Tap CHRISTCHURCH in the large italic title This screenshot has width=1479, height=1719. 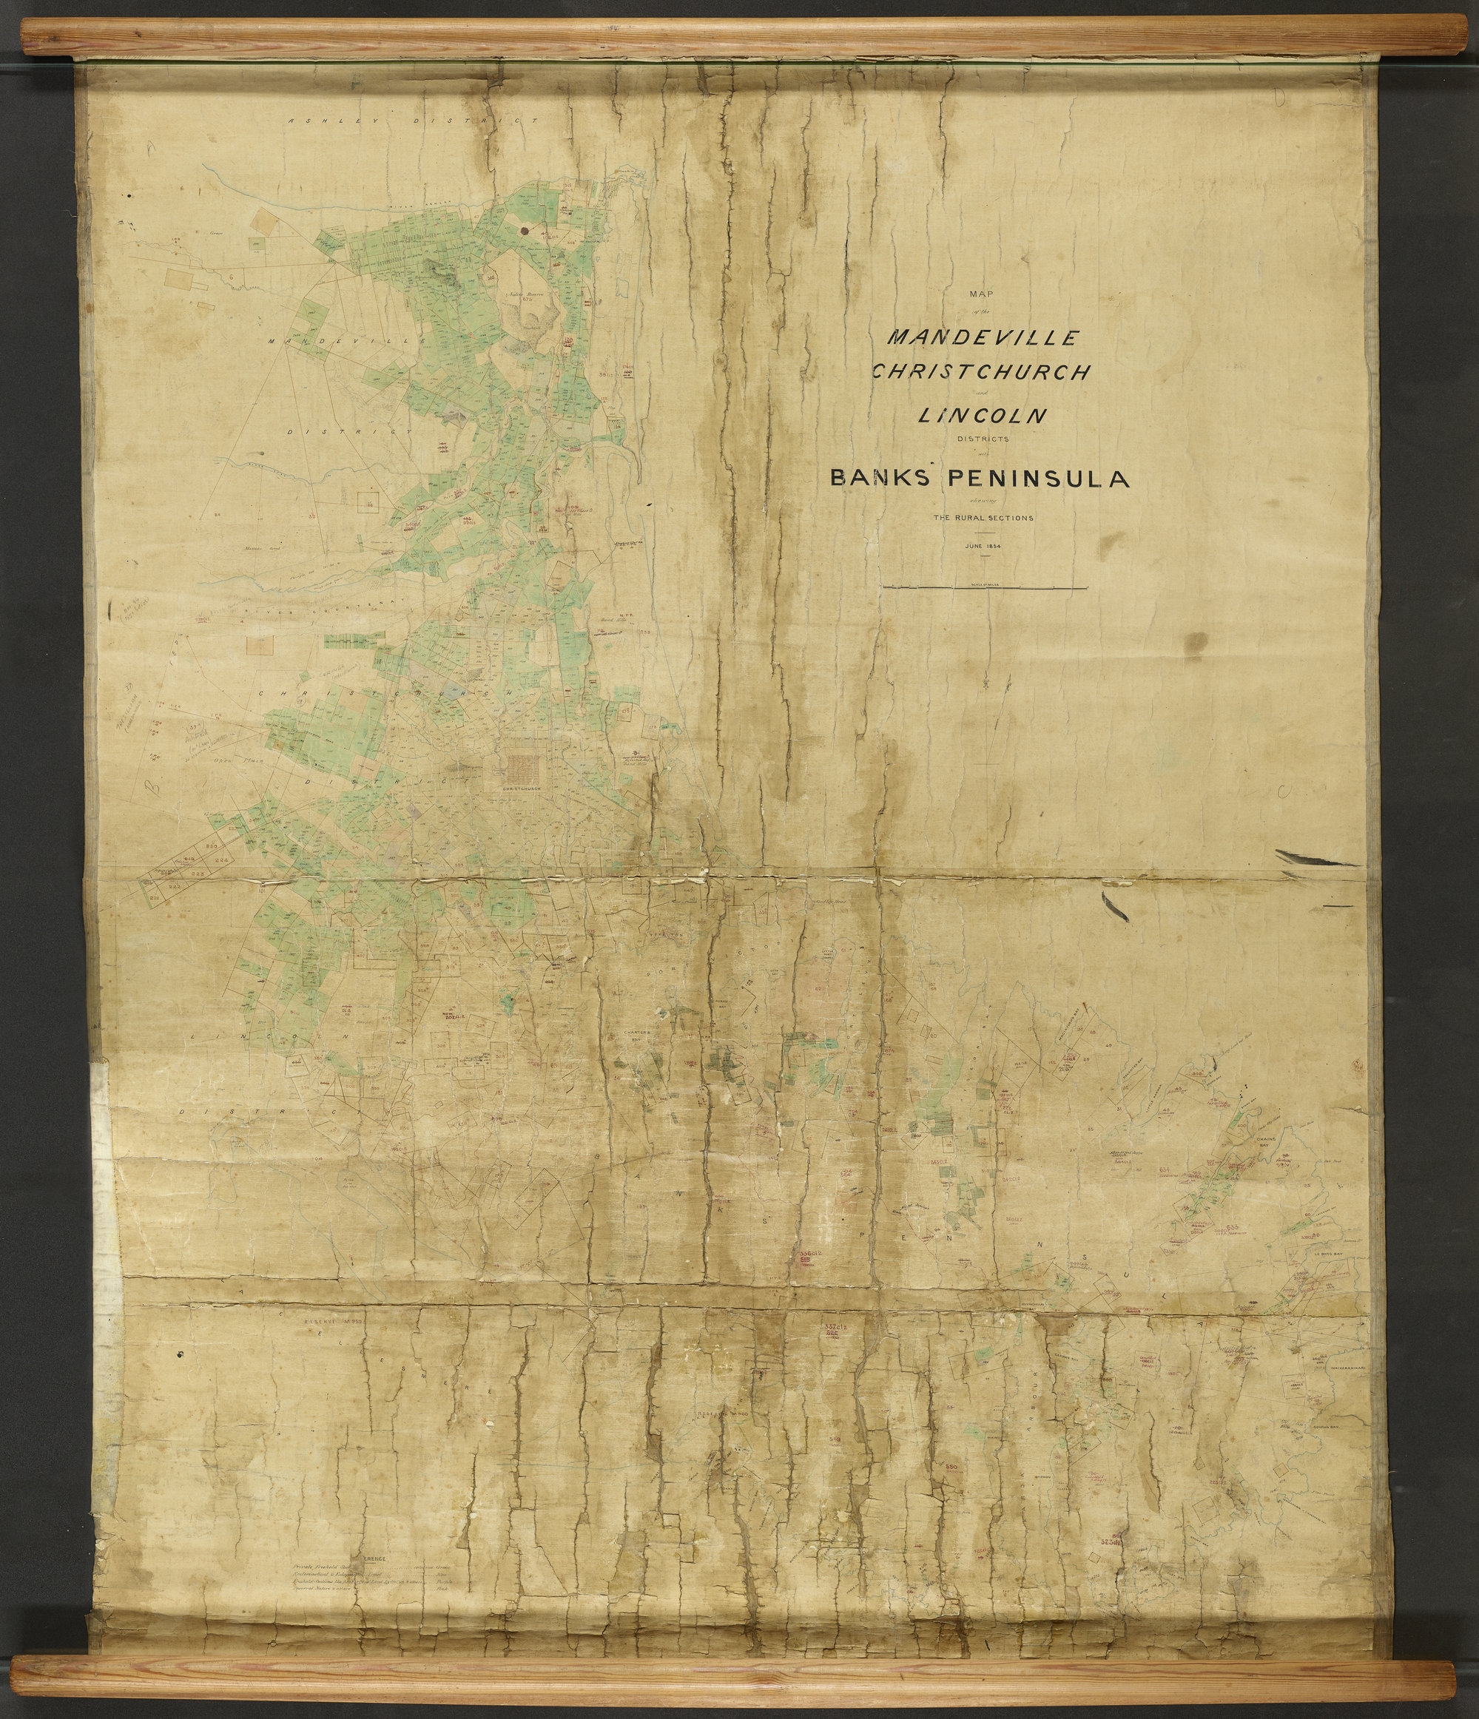[x=980, y=373]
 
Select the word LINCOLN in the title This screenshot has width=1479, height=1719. [x=981, y=416]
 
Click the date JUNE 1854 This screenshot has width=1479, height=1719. [x=983, y=546]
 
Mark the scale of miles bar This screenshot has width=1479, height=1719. [x=986, y=587]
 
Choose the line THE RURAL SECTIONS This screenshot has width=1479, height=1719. [x=983, y=518]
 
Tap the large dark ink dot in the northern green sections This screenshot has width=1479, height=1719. [x=525, y=231]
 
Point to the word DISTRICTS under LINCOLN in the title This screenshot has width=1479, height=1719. [x=983, y=439]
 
